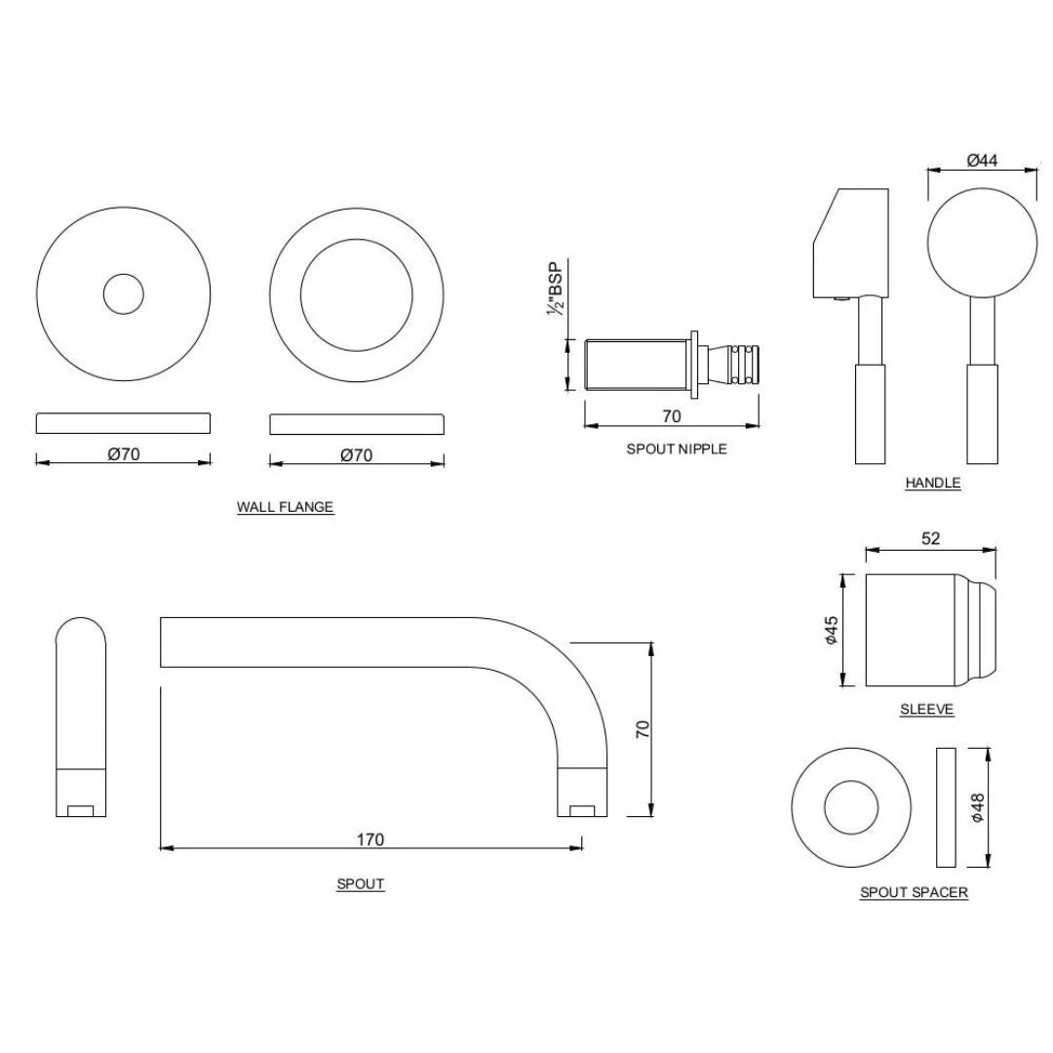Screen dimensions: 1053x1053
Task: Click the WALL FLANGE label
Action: pos(285,507)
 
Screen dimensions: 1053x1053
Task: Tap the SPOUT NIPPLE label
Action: pos(676,449)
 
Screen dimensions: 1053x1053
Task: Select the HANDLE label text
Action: pos(932,483)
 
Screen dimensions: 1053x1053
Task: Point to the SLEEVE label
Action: pos(926,710)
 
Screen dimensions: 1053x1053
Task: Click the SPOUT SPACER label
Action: pos(914,892)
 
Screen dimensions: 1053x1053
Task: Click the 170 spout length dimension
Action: pos(370,838)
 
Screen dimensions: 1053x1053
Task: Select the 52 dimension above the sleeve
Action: pos(930,538)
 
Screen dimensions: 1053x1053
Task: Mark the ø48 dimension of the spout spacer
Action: pos(978,807)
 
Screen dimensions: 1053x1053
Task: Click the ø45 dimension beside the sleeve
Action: pos(831,630)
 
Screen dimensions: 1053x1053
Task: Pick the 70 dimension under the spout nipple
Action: pos(671,416)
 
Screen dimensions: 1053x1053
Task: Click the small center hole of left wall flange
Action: pos(123,293)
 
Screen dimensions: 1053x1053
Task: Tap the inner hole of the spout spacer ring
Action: pos(851,808)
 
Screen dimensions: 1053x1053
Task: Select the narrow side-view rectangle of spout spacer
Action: pos(945,807)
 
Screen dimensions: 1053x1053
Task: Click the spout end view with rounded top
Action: pos(80,716)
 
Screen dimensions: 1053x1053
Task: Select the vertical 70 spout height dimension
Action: pos(643,729)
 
